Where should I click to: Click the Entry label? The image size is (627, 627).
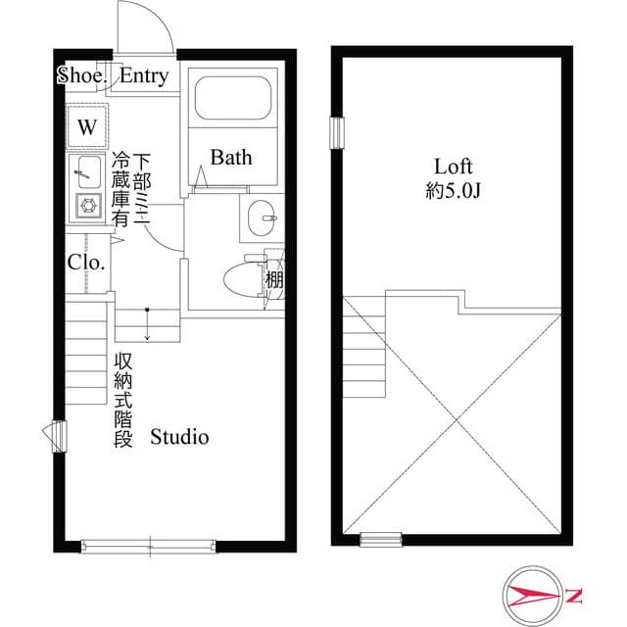pyautogui.click(x=144, y=75)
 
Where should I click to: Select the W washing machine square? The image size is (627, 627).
pyautogui.click(x=87, y=126)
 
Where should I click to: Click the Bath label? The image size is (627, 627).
pyautogui.click(x=231, y=157)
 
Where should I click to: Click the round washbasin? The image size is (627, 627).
pyautogui.click(x=262, y=217)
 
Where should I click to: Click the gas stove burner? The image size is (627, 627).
pyautogui.click(x=87, y=206)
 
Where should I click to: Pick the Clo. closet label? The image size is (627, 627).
pyautogui.click(x=86, y=262)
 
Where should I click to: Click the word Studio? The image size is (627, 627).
pyautogui.click(x=179, y=437)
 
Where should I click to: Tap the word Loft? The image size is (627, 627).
pyautogui.click(x=454, y=166)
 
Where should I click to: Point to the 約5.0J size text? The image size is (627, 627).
pyautogui.click(x=454, y=191)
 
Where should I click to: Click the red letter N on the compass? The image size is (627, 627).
pyautogui.click(x=574, y=595)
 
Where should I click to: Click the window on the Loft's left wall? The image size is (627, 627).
pyautogui.click(x=338, y=130)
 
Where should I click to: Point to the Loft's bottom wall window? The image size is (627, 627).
pyautogui.click(x=380, y=538)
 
